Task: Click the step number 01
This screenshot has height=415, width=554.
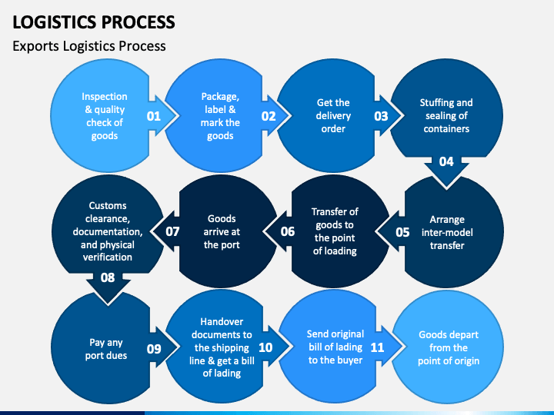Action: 154,116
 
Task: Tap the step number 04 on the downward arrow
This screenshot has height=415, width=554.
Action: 446,161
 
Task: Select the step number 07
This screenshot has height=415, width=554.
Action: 172,231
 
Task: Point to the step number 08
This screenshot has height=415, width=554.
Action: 108,277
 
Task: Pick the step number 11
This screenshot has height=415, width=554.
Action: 377,347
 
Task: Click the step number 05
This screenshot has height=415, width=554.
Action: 402,232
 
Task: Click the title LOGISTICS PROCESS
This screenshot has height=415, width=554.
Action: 94,22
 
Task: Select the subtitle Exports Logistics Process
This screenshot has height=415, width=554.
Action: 89,46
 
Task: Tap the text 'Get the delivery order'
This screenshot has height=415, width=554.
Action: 333,116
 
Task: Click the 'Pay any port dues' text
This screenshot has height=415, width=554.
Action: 106,349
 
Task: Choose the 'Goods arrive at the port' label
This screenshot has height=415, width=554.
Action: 222,231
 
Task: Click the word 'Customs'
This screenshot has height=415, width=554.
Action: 108,205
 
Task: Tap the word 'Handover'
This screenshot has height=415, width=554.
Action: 222,321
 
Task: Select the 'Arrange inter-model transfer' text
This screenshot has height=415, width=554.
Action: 447,232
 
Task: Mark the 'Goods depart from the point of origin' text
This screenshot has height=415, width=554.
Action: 449,347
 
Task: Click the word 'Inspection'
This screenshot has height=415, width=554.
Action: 104,97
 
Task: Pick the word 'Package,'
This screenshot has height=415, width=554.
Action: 220,97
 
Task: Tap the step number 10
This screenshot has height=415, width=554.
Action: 265,347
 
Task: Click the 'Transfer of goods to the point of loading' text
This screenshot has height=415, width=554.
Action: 335,231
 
